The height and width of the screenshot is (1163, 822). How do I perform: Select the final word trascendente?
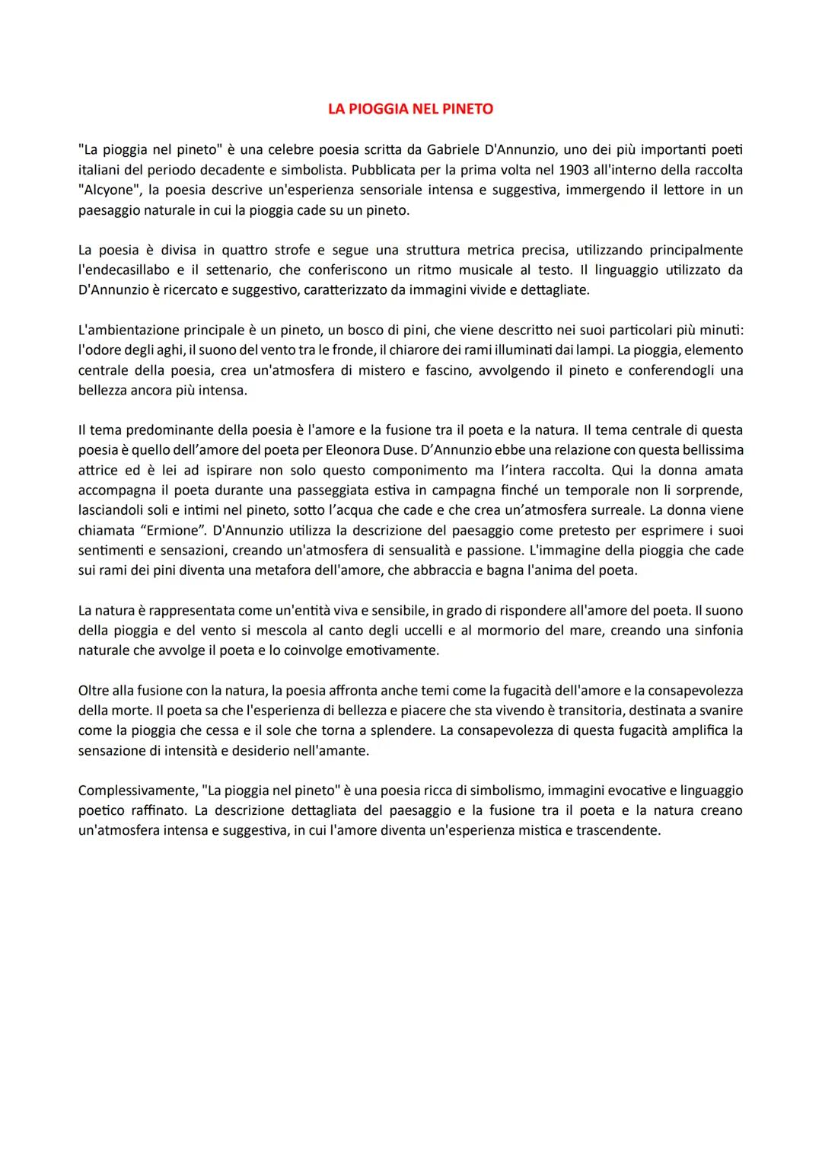click(618, 830)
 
